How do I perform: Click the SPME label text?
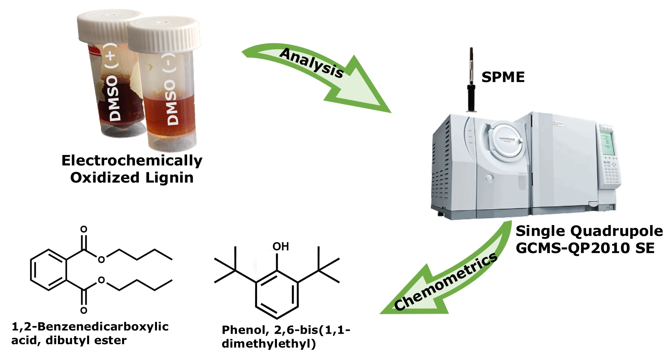pyautogui.click(x=503, y=77)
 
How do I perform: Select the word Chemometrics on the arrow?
pyautogui.click(x=446, y=282)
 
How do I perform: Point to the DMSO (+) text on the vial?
pyautogui.click(x=114, y=82)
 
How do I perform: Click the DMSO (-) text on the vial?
pyautogui.click(x=172, y=89)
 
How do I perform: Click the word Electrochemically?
pyautogui.click(x=132, y=161)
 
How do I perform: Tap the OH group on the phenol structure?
pyautogui.click(x=280, y=246)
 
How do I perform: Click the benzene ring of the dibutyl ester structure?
pyautogui.click(x=48, y=270)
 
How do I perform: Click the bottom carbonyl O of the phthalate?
pyautogui.click(x=84, y=310)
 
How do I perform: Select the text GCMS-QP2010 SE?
pyautogui.click(x=585, y=248)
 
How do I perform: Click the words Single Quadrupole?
pyautogui.click(x=589, y=231)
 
